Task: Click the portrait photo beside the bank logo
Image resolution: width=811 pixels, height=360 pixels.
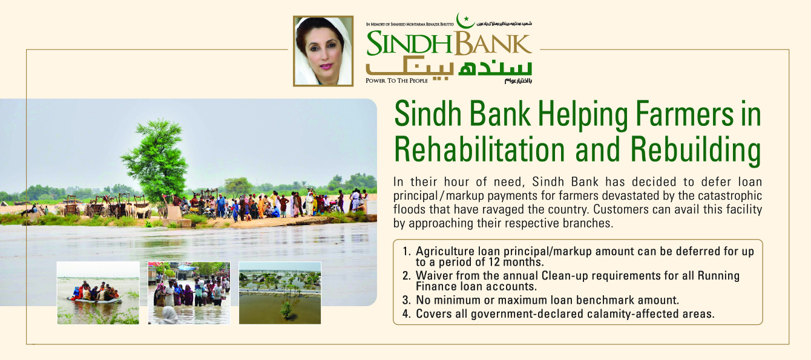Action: click(323, 51)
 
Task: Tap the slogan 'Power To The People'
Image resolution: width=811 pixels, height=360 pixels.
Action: click(396, 80)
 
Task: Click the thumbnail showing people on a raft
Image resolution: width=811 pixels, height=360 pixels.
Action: click(98, 293)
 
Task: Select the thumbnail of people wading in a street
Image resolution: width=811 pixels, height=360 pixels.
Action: click(189, 293)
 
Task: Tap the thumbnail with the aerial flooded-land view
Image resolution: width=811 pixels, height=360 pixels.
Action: click(280, 293)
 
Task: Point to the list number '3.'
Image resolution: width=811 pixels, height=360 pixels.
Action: click(406, 299)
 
